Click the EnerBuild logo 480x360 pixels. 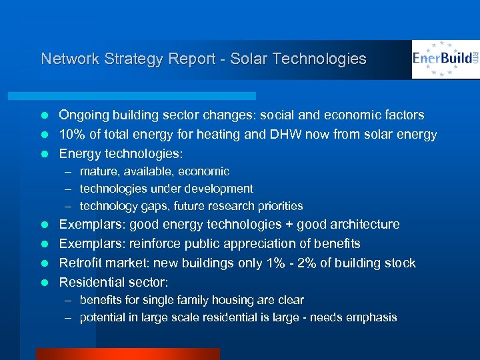pos(445,59)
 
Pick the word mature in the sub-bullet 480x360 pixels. pos(97,171)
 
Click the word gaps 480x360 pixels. pos(154,206)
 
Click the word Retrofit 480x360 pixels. pos(81,263)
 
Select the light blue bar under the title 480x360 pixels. pos(147,96)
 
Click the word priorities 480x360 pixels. pos(279,206)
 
